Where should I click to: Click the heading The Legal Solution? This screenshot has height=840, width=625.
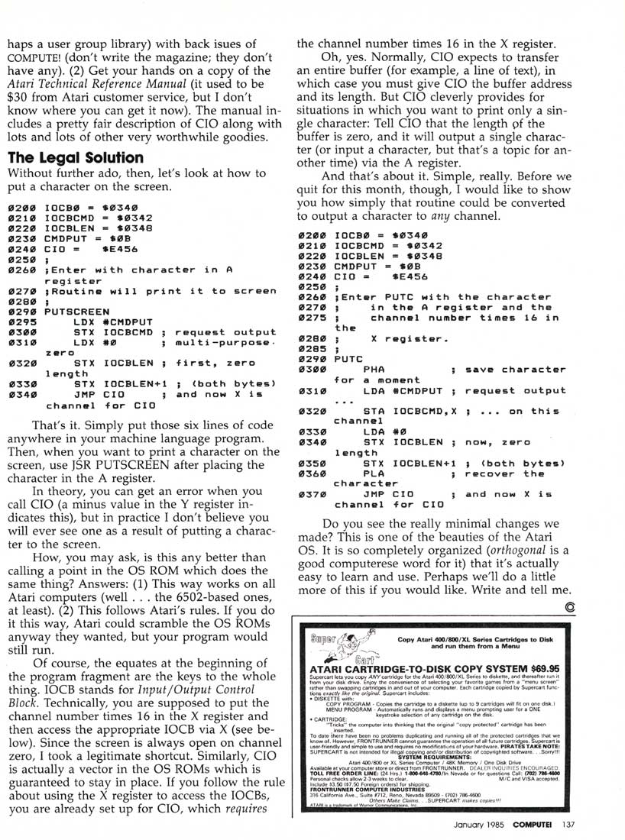tap(76, 157)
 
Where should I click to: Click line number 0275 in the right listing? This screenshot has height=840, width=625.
tap(312, 318)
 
